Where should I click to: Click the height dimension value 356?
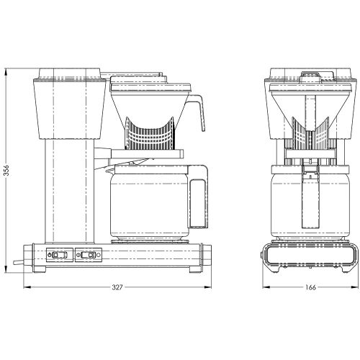pos(6,170)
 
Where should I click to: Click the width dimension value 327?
pos(117,287)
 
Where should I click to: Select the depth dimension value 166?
pos(311,287)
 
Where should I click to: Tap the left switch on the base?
pos(60,255)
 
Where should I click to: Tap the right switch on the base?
pos(87,255)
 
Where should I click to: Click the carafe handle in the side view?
pos(199,197)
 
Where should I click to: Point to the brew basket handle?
pos(197,112)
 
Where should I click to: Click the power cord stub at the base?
pos(19,263)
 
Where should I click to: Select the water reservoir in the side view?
pos(69,108)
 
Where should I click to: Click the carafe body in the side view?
pos(149,204)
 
